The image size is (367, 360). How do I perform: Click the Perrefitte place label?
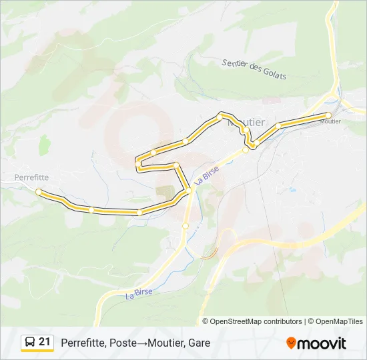tap(31, 178)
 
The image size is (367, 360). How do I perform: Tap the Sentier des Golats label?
tap(254, 69)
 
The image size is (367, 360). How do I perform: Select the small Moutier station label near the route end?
tap(330, 122)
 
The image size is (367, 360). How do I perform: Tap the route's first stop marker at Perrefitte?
tap(38, 192)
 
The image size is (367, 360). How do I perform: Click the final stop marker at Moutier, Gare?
tap(328, 115)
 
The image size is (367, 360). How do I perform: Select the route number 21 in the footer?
tap(45, 342)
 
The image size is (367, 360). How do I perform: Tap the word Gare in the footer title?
tap(199, 343)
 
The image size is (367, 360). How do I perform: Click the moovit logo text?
tap(322, 343)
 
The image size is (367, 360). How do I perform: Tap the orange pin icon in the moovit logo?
tap(292, 343)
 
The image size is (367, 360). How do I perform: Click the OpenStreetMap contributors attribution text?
tap(252, 321)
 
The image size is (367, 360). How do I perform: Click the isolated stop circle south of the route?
tap(186, 226)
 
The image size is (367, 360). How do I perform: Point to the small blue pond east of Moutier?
tap(292, 189)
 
